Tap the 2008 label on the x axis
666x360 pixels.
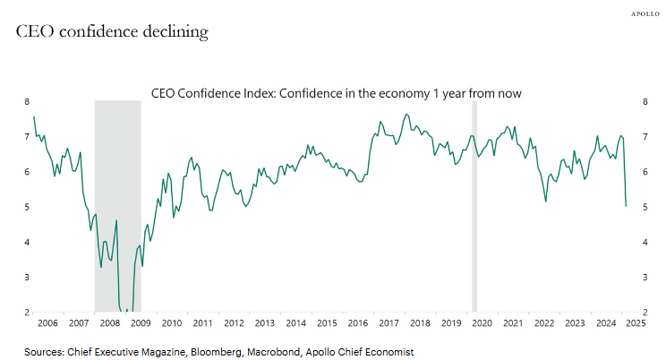(110, 322)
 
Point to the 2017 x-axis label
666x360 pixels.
(388, 322)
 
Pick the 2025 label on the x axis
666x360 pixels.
(636, 322)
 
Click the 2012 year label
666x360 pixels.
(234, 322)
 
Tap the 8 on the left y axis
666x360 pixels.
(27, 102)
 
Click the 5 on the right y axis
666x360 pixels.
(645, 207)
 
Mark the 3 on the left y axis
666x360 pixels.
(27, 278)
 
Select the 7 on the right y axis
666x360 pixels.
(645, 137)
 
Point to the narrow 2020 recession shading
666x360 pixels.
(474, 206)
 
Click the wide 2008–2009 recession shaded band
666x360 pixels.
(117, 206)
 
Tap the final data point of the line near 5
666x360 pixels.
(626, 206)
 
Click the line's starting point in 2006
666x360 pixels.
(34, 117)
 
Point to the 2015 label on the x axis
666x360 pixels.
(327, 322)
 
